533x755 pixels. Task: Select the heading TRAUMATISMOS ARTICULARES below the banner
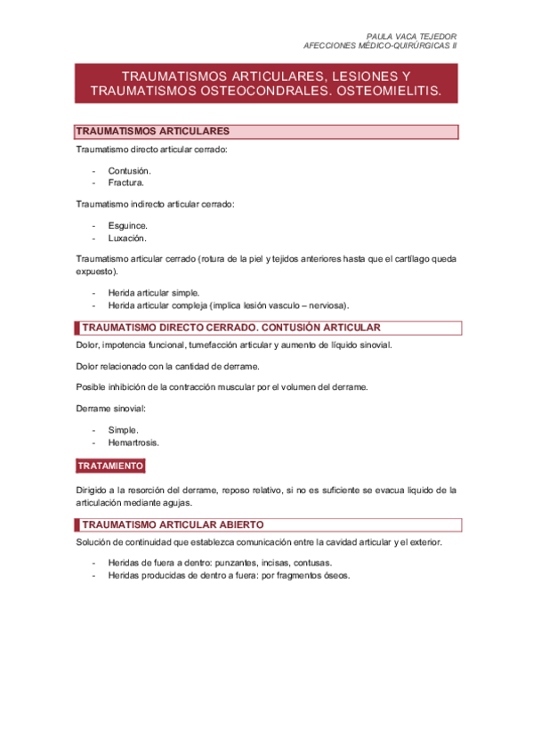tap(152, 131)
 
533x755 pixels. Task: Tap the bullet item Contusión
tap(129, 170)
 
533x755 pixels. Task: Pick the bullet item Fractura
tap(125, 183)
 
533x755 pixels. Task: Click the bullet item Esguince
tap(128, 225)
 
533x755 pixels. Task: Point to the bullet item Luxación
tap(127, 238)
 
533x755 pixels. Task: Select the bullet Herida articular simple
tap(154, 292)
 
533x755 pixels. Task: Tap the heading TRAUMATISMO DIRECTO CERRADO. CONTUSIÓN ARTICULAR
tap(230, 328)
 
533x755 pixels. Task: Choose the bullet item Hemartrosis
tap(134, 442)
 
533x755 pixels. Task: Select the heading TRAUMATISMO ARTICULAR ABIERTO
tap(172, 524)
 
